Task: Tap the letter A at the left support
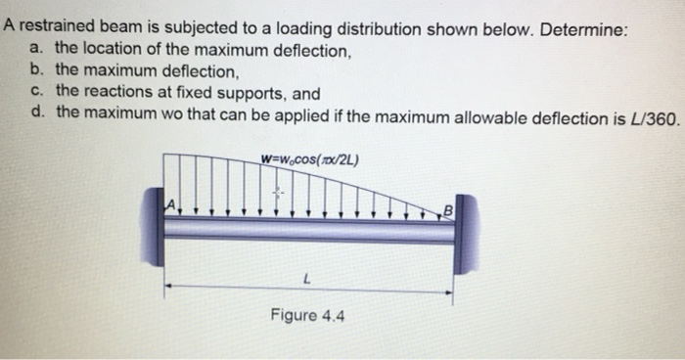[x=169, y=203]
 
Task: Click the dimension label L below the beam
[x=308, y=279]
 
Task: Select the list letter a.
[x=36, y=49]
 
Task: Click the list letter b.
[x=36, y=71]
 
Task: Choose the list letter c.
[x=36, y=92]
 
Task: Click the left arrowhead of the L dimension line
[x=167, y=286]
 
